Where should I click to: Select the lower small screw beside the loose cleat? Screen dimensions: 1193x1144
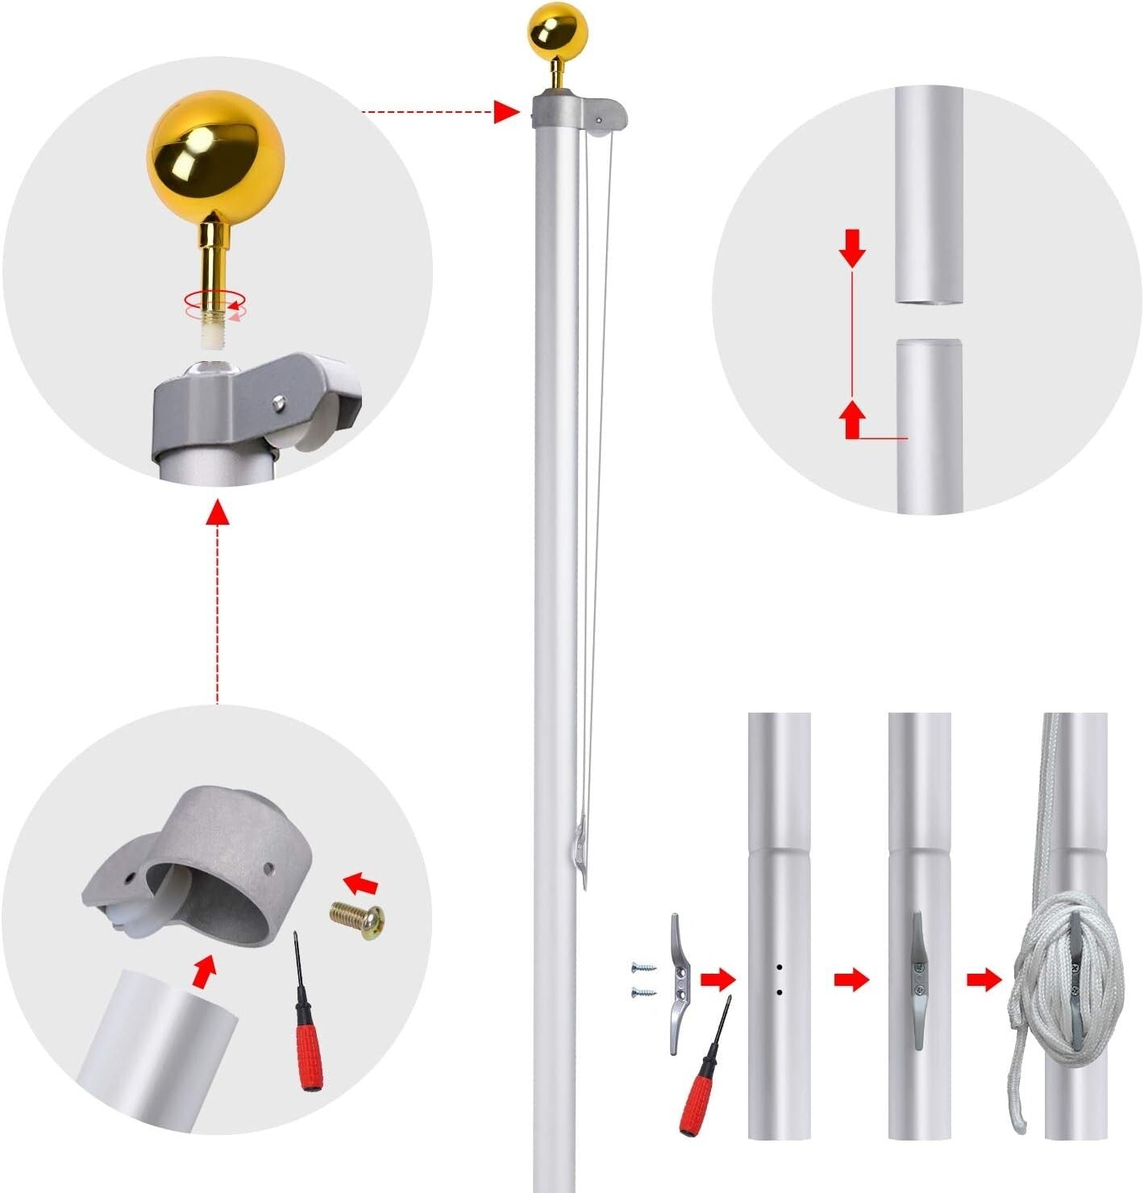tap(643, 991)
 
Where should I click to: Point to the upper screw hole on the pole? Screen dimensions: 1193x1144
tap(780, 966)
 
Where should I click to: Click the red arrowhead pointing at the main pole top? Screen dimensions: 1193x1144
tap(506, 112)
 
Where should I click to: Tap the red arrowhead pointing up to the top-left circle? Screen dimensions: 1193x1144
tap(217, 512)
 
